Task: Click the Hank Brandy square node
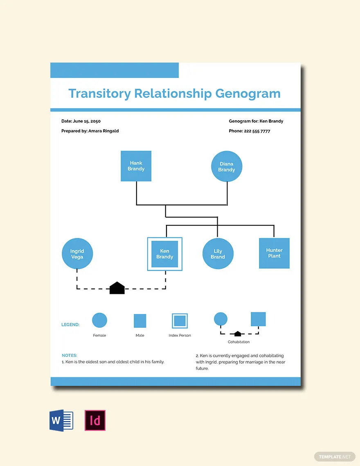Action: [136, 166]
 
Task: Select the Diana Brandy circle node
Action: [227, 167]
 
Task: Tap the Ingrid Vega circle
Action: [77, 254]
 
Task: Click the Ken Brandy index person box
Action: [164, 254]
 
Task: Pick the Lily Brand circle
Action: [218, 254]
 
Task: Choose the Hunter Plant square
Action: [274, 253]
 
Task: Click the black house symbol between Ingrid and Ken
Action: [117, 288]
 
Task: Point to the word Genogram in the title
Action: [248, 93]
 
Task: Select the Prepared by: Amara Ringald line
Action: [90, 131]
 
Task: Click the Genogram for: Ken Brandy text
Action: [256, 121]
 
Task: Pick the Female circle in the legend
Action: [99, 320]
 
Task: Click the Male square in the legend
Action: [140, 320]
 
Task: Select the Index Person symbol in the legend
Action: [180, 321]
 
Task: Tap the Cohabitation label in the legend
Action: [239, 342]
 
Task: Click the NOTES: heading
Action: [70, 355]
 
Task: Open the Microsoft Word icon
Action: [61, 420]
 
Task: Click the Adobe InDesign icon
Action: [95, 420]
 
